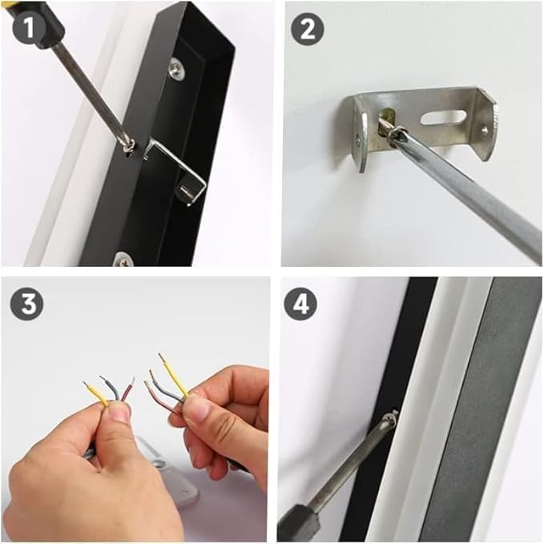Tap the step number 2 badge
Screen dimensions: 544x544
[x=306, y=30]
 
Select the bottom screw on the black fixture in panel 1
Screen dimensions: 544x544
[x=123, y=258]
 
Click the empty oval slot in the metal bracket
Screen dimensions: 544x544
[x=442, y=118]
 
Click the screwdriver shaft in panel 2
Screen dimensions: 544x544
[x=473, y=196]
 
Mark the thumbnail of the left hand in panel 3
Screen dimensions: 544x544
[x=119, y=413]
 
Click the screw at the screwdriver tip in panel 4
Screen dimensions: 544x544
[x=390, y=419]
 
